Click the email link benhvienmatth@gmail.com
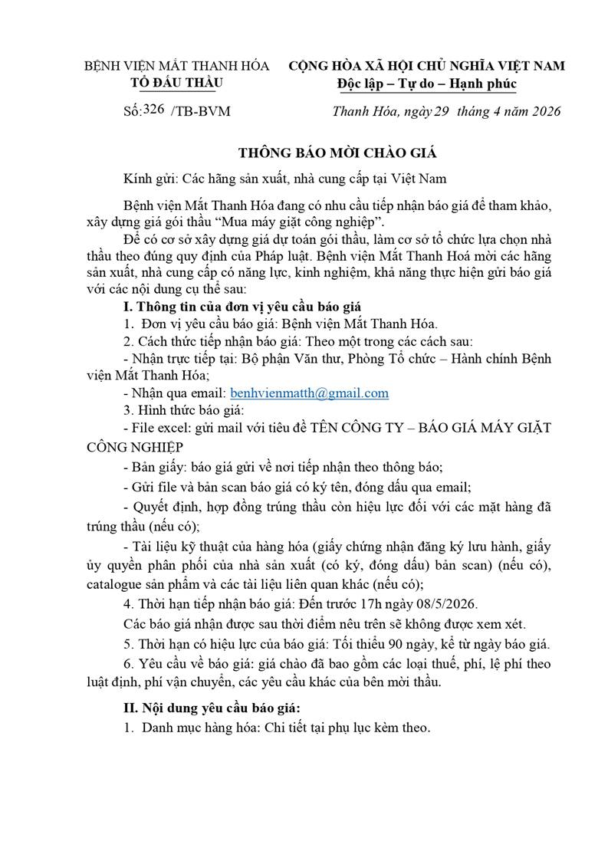[309, 393]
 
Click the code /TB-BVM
[202, 111]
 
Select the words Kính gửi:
[148, 178]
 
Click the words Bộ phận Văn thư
[274, 359]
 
